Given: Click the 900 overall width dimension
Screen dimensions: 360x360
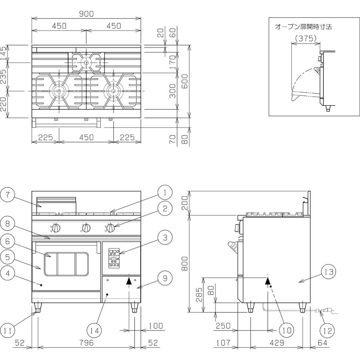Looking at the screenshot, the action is click(86, 14).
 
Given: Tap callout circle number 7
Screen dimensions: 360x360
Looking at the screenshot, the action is click(8, 195).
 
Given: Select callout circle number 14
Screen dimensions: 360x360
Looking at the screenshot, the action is click(94, 331).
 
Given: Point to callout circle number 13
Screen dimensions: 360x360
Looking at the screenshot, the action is click(329, 272).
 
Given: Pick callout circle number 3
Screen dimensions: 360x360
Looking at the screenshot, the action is click(165, 238).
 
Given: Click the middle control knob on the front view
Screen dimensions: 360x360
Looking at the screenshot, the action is click(86, 228).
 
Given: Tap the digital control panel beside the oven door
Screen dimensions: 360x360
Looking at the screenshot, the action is click(114, 258).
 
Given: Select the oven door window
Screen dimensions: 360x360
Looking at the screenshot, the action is click(66, 264).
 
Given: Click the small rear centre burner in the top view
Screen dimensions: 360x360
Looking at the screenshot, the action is click(86, 62).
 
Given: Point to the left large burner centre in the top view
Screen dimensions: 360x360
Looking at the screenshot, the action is click(59, 91).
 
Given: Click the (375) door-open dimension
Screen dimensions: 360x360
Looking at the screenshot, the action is click(306, 38).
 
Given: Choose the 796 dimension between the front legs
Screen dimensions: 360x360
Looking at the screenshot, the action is click(86, 343).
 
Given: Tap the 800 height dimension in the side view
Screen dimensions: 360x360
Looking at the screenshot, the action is click(185, 263).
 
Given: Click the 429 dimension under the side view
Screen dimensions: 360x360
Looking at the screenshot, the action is click(277, 343).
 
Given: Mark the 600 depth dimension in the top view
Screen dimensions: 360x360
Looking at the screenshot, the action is click(185, 81).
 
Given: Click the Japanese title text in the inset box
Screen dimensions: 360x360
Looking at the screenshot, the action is click(303, 27).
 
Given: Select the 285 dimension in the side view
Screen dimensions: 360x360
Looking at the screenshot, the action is click(200, 294).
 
